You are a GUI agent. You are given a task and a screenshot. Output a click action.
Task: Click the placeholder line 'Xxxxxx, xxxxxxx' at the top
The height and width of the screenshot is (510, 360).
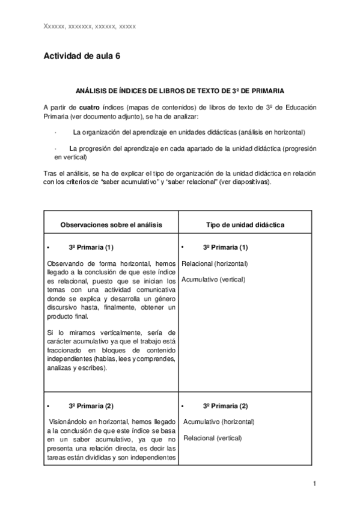point(90,26)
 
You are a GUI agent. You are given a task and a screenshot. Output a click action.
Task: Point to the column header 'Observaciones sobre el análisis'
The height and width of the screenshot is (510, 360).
point(111,224)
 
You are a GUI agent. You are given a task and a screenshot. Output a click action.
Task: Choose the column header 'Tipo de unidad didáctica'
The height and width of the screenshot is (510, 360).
point(245,224)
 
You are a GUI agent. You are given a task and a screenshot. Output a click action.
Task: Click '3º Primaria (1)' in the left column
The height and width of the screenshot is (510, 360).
point(91,247)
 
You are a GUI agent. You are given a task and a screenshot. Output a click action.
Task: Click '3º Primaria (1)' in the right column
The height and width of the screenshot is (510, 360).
point(225,247)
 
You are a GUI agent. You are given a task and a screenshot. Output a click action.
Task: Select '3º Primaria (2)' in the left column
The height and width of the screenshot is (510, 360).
point(91,405)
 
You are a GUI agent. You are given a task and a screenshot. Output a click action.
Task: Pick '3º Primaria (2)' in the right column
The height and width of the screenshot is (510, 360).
point(225,405)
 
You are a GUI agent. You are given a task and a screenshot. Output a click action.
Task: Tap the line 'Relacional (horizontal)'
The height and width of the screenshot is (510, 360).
point(215,263)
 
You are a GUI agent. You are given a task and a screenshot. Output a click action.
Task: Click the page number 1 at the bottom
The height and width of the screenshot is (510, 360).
point(314,484)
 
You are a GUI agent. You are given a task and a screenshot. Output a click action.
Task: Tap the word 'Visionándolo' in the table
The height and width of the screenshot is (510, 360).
point(69,422)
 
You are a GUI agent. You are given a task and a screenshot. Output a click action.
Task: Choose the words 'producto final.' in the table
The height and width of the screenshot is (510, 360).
point(67,316)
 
